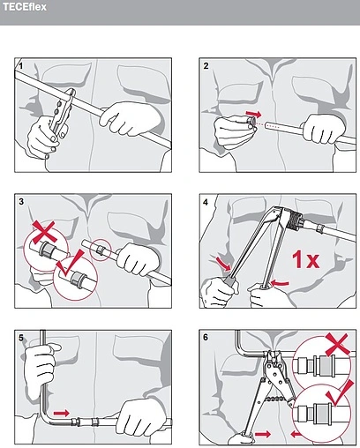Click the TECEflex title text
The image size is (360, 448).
(x=25, y=7)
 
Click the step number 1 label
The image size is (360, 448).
(x=20, y=66)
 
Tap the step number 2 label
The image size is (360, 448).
(x=206, y=66)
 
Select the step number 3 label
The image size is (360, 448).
(x=21, y=202)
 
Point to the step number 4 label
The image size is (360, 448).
(x=206, y=202)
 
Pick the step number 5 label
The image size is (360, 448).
(x=21, y=338)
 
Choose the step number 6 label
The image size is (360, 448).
(x=206, y=337)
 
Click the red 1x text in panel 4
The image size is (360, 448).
(x=305, y=259)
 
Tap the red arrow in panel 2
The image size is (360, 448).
(x=253, y=114)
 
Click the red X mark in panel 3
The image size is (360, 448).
(x=44, y=232)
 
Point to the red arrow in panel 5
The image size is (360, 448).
(x=62, y=413)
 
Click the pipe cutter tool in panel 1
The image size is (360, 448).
(x=61, y=113)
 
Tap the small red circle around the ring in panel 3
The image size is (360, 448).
(x=101, y=250)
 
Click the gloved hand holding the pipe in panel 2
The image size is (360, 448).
(x=324, y=129)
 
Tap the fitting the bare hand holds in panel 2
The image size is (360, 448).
(x=251, y=122)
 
